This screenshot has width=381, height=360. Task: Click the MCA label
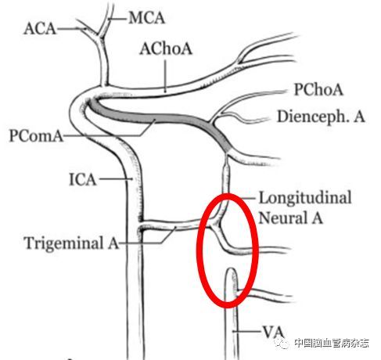coord(147,18)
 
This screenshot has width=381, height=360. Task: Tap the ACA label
coord(40,28)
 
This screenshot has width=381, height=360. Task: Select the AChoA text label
coord(166,49)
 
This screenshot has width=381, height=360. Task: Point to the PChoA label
coord(318,89)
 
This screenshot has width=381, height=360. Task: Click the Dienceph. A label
coord(321,117)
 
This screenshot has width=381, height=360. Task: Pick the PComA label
coord(36,135)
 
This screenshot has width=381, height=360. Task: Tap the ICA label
coord(83,180)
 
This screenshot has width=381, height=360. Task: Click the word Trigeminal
coord(63,243)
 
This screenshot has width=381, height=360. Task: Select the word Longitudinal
coord(305,198)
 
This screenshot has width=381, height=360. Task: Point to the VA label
coord(273,332)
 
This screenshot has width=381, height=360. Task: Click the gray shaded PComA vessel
coord(156,119)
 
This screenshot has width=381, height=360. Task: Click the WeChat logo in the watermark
coord(282,343)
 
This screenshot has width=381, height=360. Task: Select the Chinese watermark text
coord(332,343)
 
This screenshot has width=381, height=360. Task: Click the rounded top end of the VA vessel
coord(231,268)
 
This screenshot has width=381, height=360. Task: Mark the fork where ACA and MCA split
coord(100,35)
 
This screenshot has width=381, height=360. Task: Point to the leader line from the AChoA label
coord(165,76)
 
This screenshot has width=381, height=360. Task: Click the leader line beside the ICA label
coord(116,179)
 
